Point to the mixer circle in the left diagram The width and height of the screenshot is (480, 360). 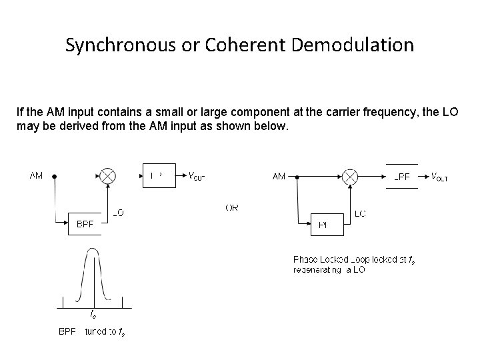pyautogui.click(x=107, y=176)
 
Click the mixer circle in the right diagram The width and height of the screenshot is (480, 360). pyautogui.click(x=349, y=177)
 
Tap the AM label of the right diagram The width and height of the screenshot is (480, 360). pyautogui.click(x=279, y=177)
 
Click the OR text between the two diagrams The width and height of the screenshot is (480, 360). pyautogui.click(x=232, y=207)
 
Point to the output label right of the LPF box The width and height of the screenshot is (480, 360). pyautogui.click(x=439, y=177)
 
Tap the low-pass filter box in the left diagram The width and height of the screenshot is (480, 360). pyautogui.click(x=159, y=176)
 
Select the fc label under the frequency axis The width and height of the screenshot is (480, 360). pyautogui.click(x=92, y=313)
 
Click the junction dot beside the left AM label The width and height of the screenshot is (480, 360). pyautogui.click(x=53, y=177)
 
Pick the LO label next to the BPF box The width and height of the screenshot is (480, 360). pyautogui.click(x=118, y=213)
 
